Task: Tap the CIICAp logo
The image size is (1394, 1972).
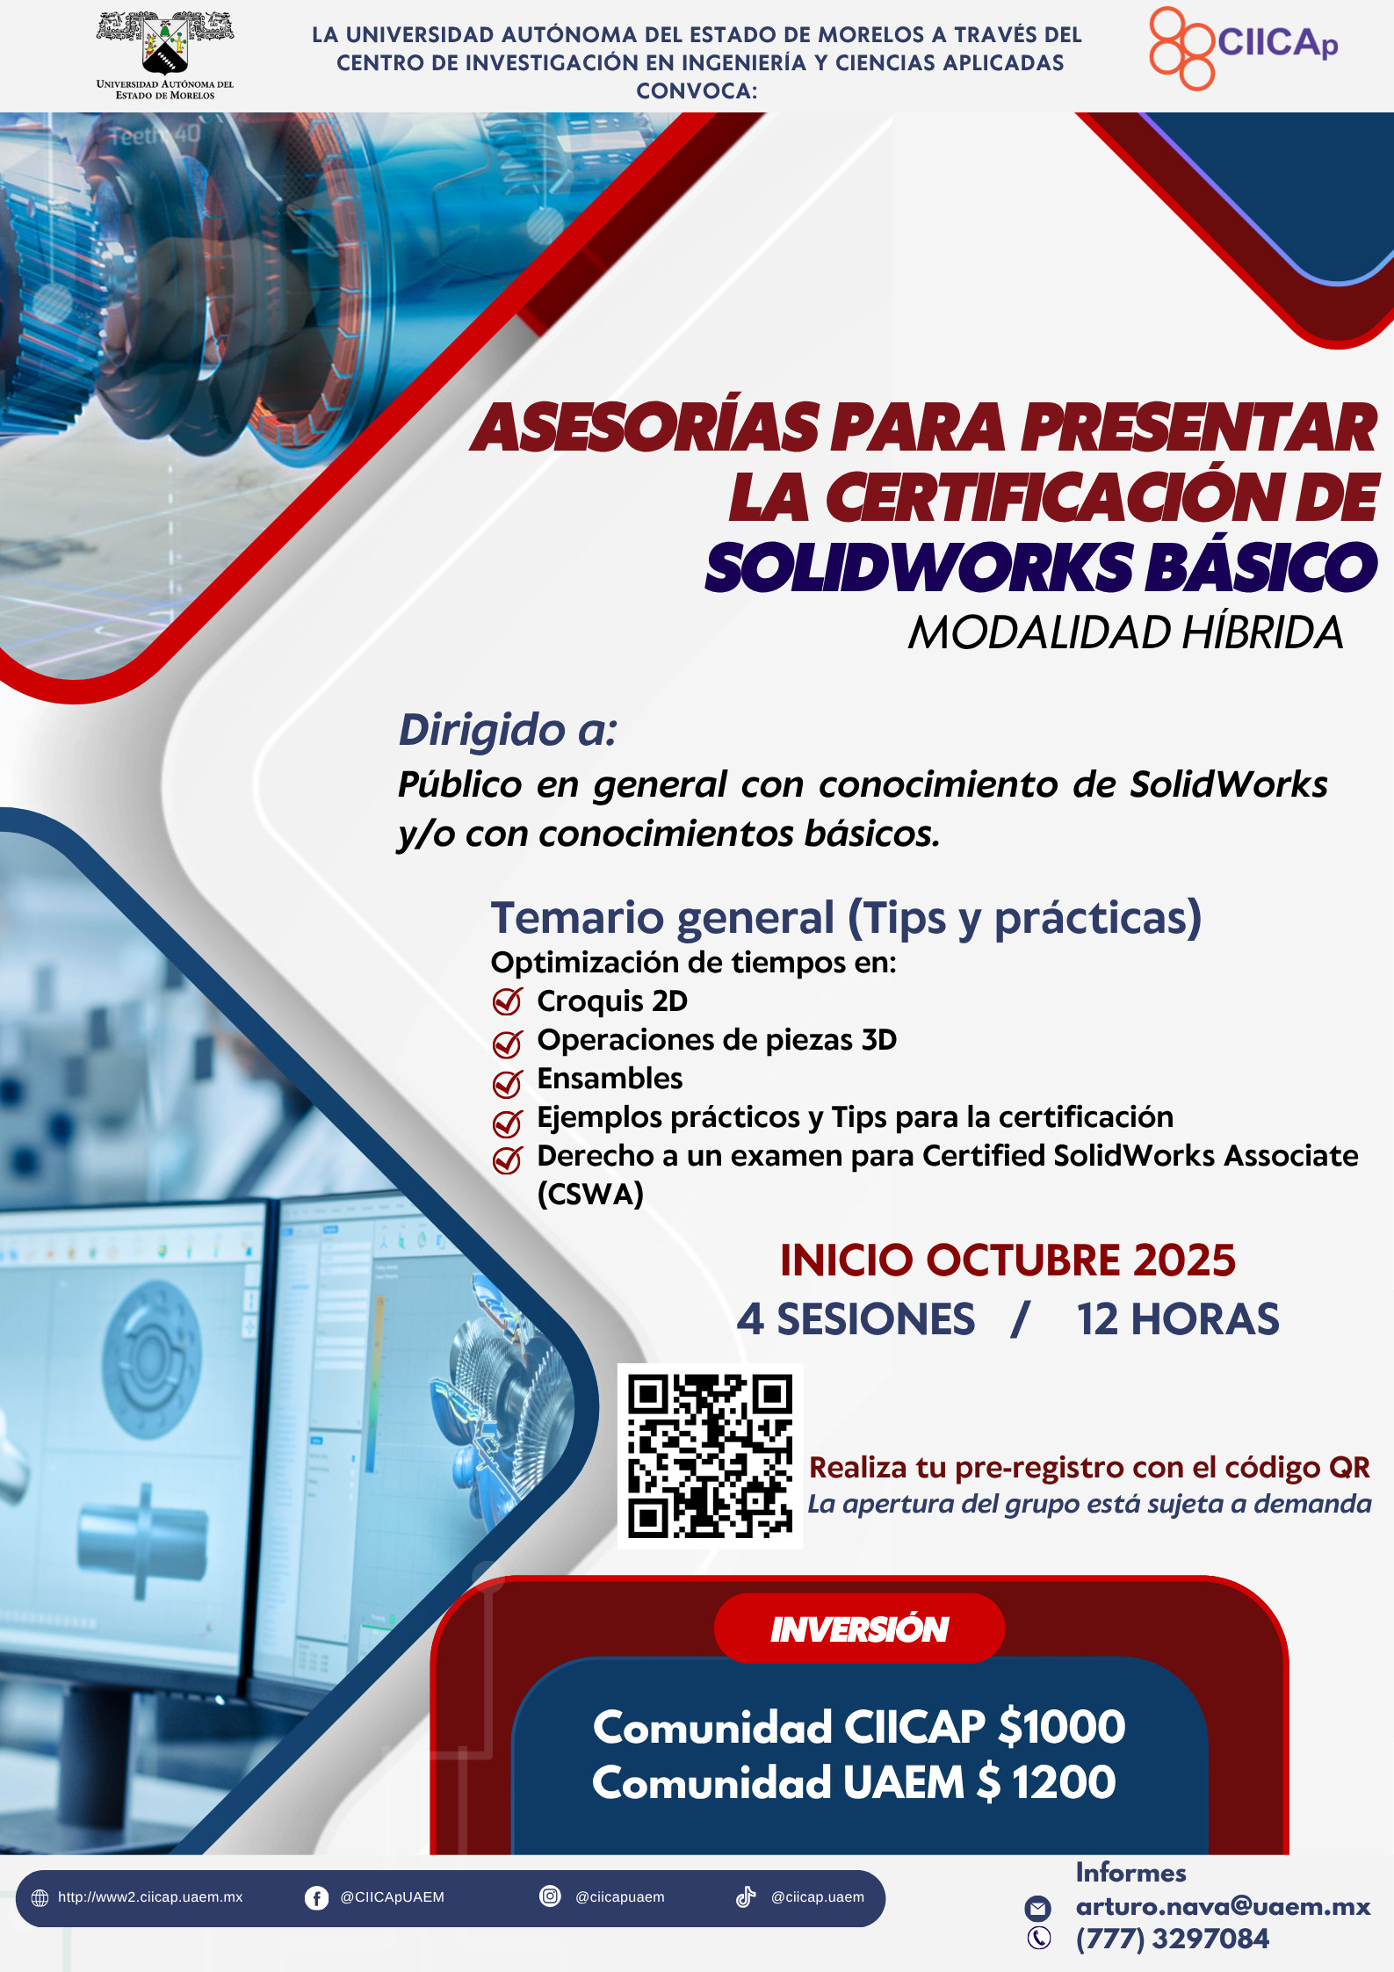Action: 1244,47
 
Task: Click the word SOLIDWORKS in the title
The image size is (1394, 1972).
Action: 919,567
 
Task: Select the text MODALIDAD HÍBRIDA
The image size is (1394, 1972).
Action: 1125,632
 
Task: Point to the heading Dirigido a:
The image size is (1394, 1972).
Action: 508,730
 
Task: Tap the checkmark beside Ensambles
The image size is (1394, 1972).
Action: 508,1084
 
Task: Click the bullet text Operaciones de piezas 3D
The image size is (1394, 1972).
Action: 717,1040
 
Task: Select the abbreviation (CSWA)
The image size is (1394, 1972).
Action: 590,1194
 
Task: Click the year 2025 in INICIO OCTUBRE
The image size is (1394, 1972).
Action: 1184,1260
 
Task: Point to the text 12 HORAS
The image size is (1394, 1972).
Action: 1178,1319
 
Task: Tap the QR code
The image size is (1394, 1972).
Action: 710,1456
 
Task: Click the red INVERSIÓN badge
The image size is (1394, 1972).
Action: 859,1628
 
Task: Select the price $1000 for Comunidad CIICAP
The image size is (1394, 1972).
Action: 1062,1727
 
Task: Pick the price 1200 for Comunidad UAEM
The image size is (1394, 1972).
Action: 1064,1782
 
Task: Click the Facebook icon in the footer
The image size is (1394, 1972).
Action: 316,1898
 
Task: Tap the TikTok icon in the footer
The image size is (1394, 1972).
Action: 746,1896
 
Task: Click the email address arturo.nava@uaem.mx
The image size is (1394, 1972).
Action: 1223,1906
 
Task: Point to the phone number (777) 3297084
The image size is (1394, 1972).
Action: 1173,1939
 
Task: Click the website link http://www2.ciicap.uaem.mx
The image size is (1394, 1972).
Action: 150,1897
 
